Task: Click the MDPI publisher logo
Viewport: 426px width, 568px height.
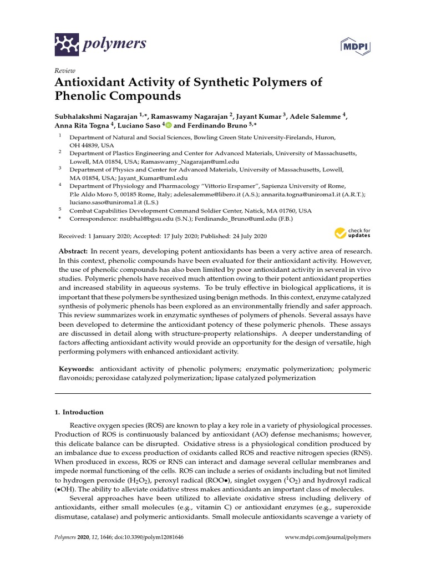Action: click(x=354, y=44)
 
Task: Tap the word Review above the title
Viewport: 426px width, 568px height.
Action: click(x=64, y=71)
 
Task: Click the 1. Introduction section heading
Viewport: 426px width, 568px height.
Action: click(x=79, y=412)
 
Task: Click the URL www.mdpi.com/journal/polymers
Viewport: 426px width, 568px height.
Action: click(x=327, y=537)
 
